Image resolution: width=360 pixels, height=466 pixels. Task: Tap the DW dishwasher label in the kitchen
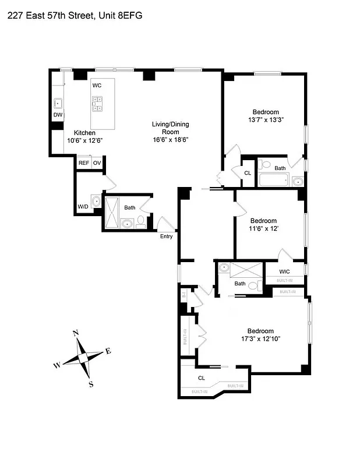coord(58,115)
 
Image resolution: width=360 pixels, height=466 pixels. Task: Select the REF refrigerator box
coord(84,163)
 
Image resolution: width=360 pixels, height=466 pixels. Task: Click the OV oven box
coord(97,163)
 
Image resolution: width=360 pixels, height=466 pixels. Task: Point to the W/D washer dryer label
coord(83,206)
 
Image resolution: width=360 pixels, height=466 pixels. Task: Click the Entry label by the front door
coord(167,236)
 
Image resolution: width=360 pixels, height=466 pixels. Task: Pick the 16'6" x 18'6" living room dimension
coord(170,140)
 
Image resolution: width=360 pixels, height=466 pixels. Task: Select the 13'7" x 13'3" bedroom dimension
coord(265,120)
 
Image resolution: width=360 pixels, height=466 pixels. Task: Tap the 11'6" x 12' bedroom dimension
coord(263,229)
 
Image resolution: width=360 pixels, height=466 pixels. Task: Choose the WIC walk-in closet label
coord(284,271)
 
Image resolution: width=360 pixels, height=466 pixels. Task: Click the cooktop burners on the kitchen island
coord(97,104)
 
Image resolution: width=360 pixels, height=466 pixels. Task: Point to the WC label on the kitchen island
coord(97,86)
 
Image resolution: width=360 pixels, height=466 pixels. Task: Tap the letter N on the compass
coord(75,333)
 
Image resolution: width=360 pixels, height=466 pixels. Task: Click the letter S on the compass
coord(91,384)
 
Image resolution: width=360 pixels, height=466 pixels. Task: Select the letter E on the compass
coord(108,351)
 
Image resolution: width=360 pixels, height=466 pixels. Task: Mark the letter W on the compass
coord(57,365)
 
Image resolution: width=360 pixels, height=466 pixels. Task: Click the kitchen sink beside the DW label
coord(58,104)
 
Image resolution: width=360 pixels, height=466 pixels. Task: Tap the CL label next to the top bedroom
coord(248,173)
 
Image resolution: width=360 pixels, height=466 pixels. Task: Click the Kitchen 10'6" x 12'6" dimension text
coord(84,140)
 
